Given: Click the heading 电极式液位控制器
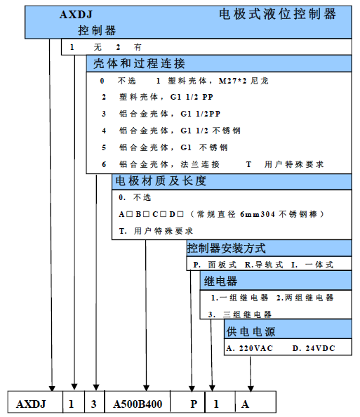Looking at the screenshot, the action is pos(277,14).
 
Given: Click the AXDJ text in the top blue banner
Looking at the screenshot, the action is pos(76,14).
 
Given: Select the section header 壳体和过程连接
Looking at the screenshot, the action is pos(139,64).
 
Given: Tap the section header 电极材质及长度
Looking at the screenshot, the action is pos(161,181).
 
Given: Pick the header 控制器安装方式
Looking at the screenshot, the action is pos(226,248).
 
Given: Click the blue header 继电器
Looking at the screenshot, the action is pos(220,281).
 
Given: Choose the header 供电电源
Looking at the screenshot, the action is pos(251,331).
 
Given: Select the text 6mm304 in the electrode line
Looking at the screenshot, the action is pos(258,214).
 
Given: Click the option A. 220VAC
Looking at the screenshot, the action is pos(249,348).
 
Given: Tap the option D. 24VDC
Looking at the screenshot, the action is pos(314,348).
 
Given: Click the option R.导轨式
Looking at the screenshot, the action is pos(264,265).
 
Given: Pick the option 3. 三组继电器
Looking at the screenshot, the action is pos(240,315).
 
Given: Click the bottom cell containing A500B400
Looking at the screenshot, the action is pos(138,402).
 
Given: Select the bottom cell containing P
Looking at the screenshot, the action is pos(187,402).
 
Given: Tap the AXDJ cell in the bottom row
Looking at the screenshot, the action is pos(35,402).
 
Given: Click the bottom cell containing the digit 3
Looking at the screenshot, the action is pos(95,402).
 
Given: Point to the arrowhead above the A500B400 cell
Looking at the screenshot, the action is pos(146,388).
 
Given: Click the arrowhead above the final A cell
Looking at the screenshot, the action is pos(251,388).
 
